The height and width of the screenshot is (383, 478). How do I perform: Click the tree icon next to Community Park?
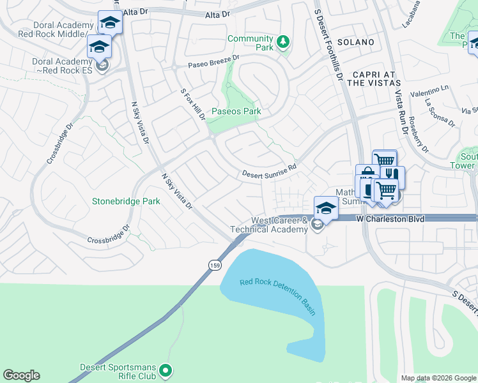tap(282, 43)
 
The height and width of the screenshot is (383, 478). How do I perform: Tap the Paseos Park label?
tap(236, 111)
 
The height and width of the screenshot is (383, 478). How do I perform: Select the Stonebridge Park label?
tap(126, 201)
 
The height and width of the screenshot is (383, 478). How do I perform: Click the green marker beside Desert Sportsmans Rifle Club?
tap(166, 370)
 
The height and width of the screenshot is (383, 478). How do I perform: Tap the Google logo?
tap(22, 375)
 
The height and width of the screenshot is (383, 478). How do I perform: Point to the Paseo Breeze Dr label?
tap(213, 61)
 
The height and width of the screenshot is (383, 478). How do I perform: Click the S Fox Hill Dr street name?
tap(192, 105)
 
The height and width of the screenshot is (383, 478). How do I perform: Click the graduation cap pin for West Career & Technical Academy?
tap(326, 207)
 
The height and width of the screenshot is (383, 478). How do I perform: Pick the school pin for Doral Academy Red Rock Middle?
tap(110, 22)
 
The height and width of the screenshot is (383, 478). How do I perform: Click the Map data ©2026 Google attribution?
tap(438, 378)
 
